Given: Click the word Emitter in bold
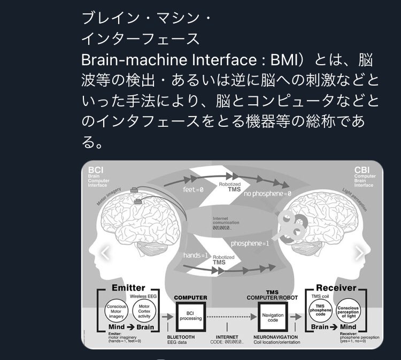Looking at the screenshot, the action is point(128,288).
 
